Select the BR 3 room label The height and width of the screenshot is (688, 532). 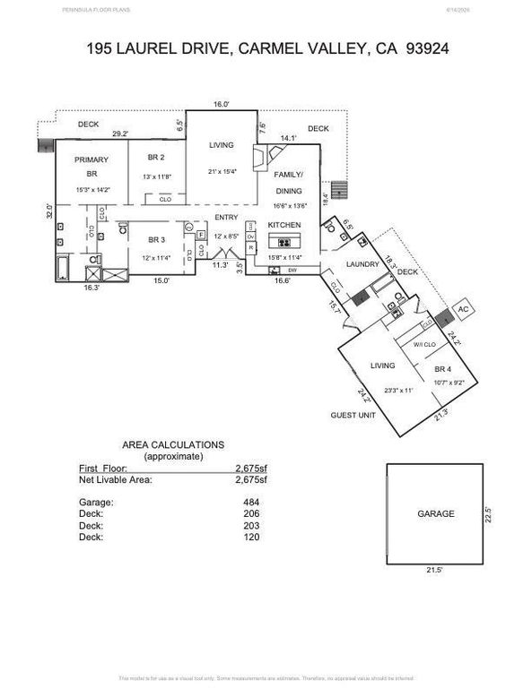click(156, 239)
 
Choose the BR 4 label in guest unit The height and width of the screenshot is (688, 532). click(442, 369)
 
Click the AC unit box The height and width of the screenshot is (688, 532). click(464, 309)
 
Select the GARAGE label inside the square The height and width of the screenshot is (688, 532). click(436, 514)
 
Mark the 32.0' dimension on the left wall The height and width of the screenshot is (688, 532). click(50, 213)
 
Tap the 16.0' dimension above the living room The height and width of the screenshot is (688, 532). click(222, 105)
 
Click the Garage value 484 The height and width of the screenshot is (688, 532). click(250, 503)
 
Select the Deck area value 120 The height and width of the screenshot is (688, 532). click(250, 537)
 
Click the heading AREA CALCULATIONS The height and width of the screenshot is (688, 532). click(173, 444)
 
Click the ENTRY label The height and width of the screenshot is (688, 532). click(225, 218)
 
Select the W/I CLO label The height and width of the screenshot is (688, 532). click(424, 345)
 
